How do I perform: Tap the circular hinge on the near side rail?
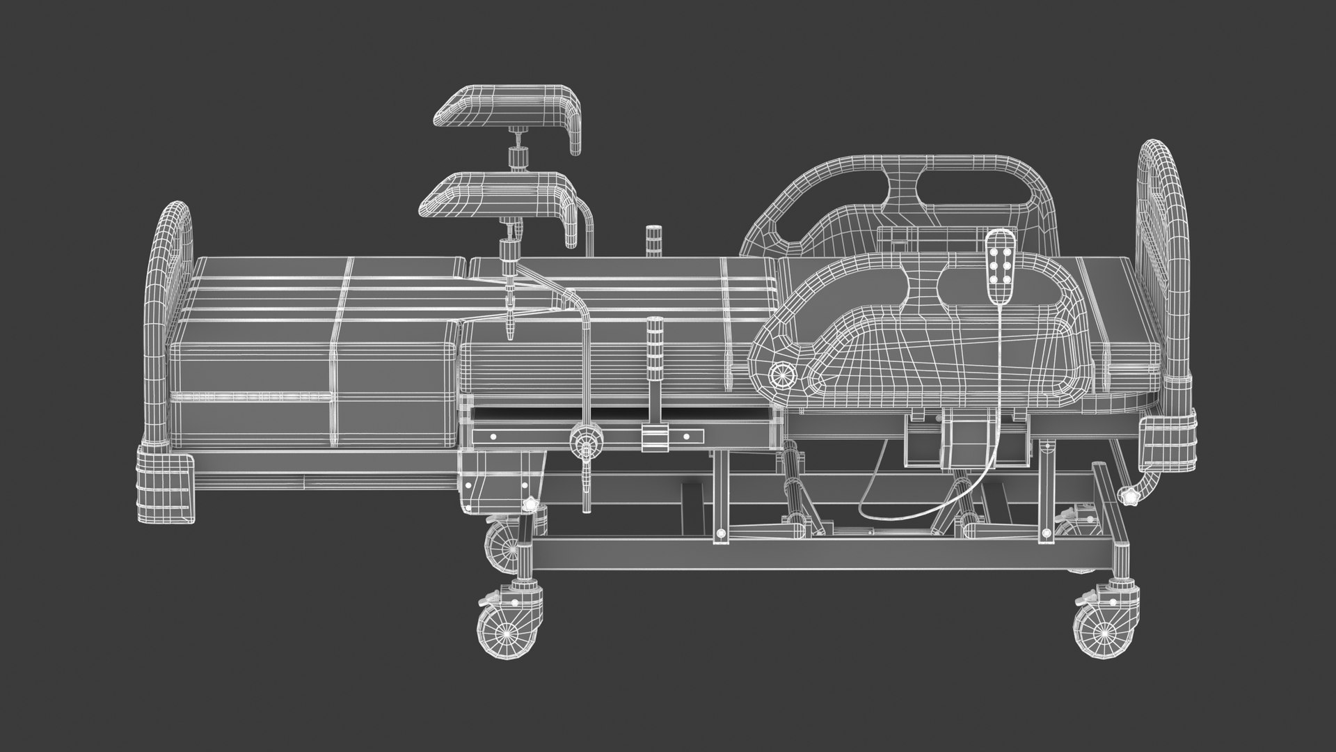[781, 375]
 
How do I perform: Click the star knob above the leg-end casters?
[531, 503]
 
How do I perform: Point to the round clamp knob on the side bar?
[586, 440]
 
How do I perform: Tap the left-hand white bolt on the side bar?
[493, 437]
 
